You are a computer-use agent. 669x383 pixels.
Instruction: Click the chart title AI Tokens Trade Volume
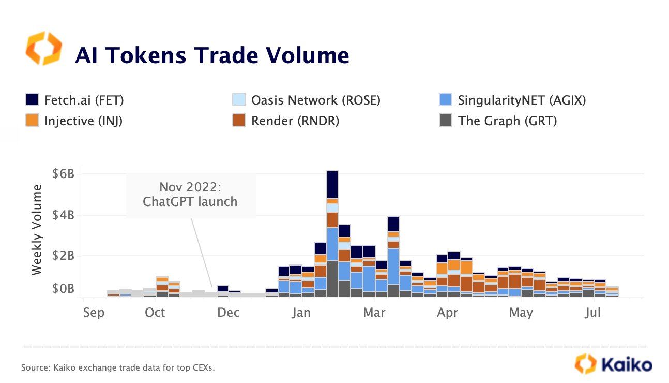point(212,55)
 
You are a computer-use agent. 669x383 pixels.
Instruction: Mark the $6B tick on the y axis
point(63,174)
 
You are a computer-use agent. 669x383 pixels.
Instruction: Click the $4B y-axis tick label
point(63,215)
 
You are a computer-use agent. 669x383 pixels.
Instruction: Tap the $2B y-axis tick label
point(63,256)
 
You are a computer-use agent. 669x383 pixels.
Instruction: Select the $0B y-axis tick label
point(63,289)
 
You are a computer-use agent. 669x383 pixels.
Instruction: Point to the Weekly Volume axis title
point(37,230)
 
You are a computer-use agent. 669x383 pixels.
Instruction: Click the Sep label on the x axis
point(93,313)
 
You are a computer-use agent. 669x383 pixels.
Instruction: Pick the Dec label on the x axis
point(228,313)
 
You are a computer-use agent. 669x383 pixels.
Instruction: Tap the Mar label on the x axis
point(374,313)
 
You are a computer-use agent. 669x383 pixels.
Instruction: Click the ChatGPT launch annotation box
point(191,195)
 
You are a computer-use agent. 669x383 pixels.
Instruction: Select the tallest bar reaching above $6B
point(332,233)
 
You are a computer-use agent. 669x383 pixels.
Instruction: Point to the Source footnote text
point(117,368)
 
